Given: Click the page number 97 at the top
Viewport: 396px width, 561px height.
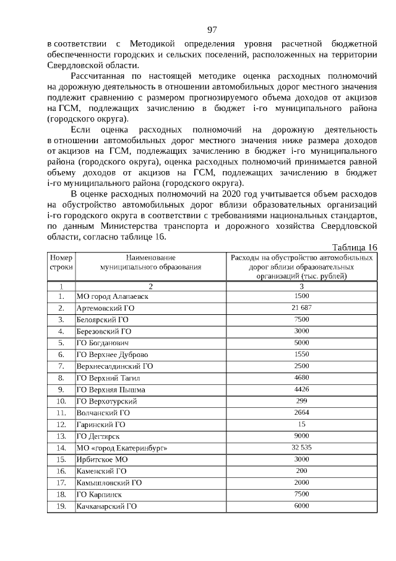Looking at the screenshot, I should coord(212,29).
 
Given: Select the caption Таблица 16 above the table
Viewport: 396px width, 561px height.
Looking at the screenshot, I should coord(355,246).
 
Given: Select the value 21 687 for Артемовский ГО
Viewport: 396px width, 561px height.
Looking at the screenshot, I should coord(301,308).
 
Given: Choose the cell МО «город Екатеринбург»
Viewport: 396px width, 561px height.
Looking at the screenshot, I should coord(122,448).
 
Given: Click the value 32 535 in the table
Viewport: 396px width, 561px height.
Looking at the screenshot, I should coord(301,447).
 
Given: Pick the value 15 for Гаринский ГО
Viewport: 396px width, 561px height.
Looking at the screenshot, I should coord(301,424).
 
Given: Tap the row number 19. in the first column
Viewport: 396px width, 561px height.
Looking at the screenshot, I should coord(61,506).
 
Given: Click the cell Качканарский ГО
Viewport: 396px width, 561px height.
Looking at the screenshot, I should coord(106,506).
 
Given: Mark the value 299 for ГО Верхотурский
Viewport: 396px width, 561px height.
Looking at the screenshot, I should coord(301,400).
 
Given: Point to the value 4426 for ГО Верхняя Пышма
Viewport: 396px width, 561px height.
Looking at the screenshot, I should coord(301,389).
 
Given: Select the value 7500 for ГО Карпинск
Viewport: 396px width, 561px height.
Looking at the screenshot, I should coord(301,494).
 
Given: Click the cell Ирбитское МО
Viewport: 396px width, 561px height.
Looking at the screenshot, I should coord(101,459).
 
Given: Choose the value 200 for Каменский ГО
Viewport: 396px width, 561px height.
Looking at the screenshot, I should coord(301,470).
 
